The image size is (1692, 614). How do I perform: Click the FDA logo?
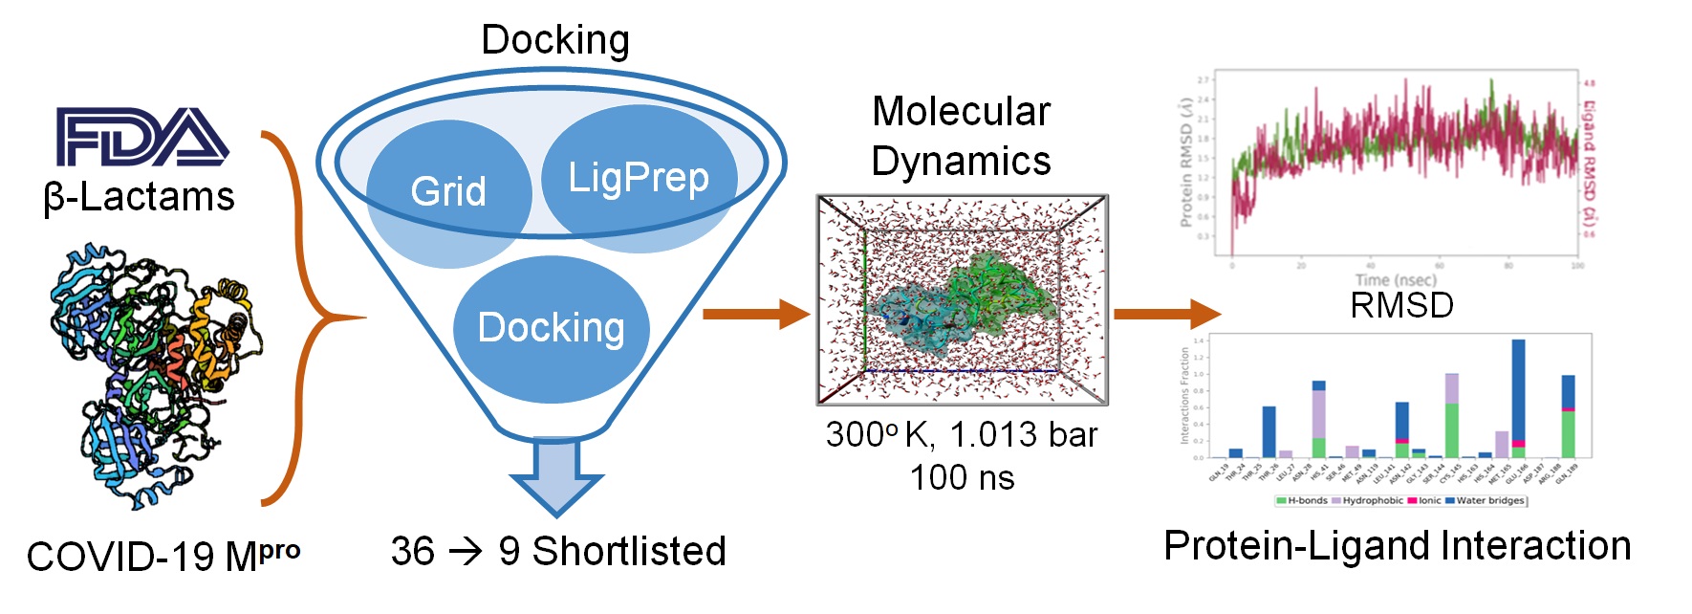(x=141, y=137)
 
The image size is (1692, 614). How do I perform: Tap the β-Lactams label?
(x=140, y=197)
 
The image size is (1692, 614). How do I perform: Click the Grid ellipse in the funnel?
(x=448, y=191)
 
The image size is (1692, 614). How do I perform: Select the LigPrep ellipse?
(x=639, y=178)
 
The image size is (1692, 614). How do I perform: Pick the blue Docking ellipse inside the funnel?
(x=551, y=328)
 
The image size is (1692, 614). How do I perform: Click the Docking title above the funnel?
(x=554, y=40)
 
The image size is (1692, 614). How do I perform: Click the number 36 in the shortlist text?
(x=412, y=551)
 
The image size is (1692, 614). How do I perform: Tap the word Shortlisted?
(x=629, y=551)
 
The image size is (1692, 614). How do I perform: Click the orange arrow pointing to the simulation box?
(x=755, y=313)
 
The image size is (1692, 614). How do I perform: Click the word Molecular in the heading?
(x=961, y=112)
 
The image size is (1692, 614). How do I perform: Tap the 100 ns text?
(x=962, y=477)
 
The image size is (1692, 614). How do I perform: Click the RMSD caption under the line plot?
(x=1401, y=305)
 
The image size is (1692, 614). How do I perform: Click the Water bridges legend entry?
(x=1489, y=500)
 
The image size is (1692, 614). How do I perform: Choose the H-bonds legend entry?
(x=1304, y=500)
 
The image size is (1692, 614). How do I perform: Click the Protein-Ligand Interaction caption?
(x=1397, y=546)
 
